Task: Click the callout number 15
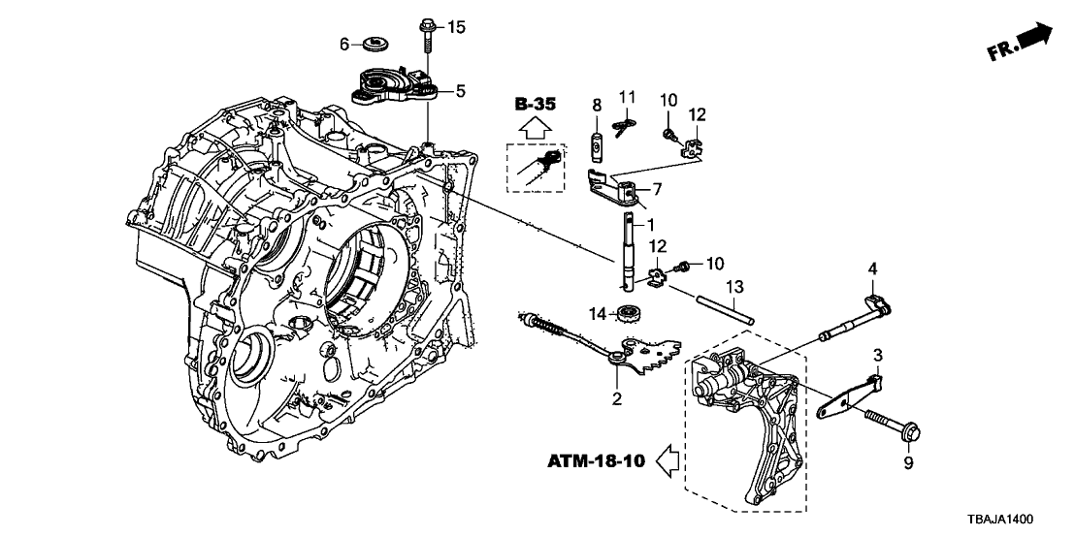(x=456, y=27)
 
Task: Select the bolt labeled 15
(x=425, y=37)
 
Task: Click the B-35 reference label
(x=535, y=105)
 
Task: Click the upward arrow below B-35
(x=535, y=127)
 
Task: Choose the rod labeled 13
(x=726, y=308)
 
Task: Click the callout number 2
(x=616, y=398)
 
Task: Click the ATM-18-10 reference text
(x=597, y=461)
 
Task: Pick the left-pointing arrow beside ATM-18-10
(x=668, y=460)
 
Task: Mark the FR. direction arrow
(x=1021, y=42)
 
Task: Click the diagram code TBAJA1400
(x=999, y=520)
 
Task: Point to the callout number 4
(x=873, y=268)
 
